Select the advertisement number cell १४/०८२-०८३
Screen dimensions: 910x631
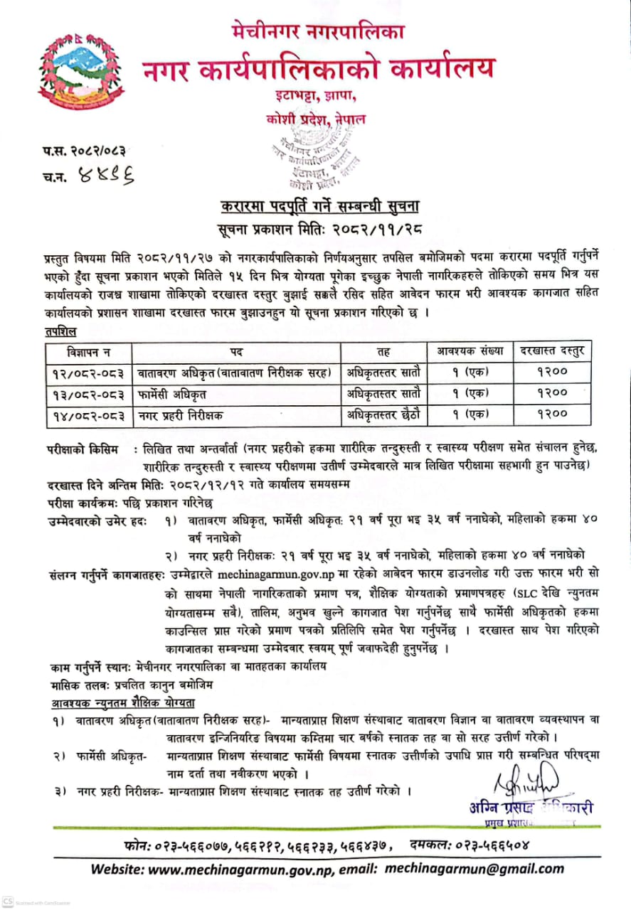(88, 413)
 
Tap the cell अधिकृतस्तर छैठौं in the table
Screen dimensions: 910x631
(383, 413)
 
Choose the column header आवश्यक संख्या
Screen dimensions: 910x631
(470, 350)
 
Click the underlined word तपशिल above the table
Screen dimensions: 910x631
(61, 331)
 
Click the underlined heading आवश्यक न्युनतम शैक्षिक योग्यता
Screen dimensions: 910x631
(122, 702)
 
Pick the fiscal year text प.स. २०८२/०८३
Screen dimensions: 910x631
(88, 150)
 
